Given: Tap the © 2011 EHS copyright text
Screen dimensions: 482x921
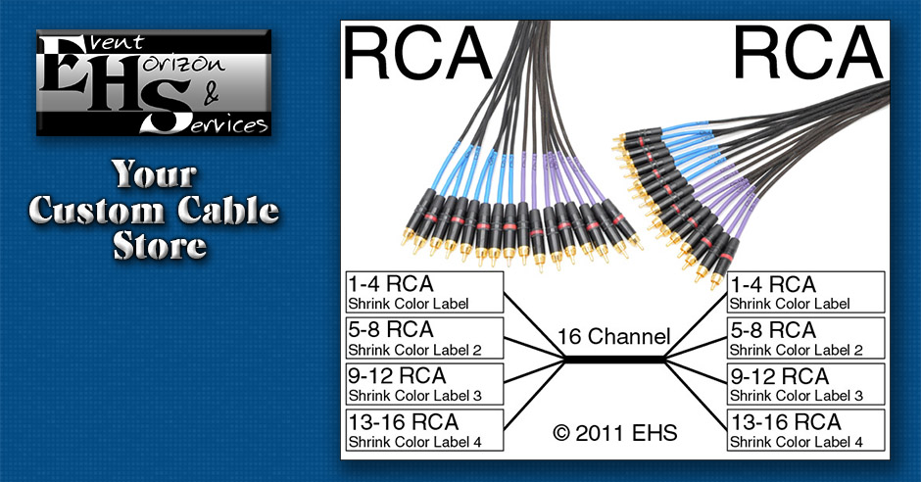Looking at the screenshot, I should (x=613, y=431).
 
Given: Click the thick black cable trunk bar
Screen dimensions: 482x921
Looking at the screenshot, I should (x=614, y=361).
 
